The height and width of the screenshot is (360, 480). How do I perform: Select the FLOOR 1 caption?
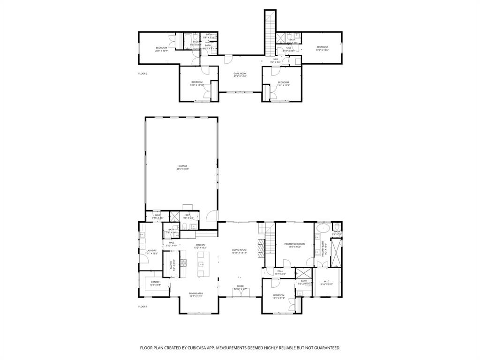[x=142, y=307]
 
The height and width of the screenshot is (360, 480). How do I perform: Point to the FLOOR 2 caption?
[x=142, y=74]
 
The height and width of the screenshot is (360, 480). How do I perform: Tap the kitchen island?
[x=202, y=264]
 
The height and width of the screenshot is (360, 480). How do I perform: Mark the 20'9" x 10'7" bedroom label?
[x=161, y=49]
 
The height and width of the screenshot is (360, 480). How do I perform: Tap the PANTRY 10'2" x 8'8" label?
[x=155, y=283]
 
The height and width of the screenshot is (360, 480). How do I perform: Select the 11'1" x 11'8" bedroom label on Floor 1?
[x=279, y=296]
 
